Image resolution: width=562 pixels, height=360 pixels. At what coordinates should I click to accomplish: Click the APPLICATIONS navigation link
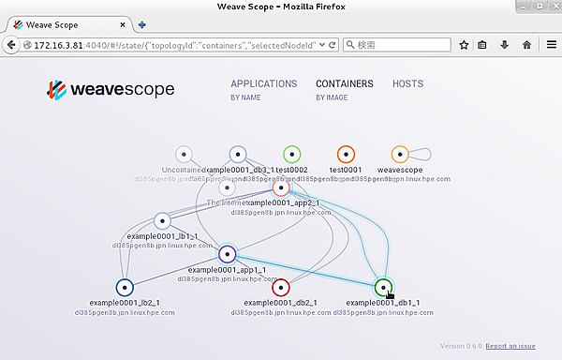[263, 83]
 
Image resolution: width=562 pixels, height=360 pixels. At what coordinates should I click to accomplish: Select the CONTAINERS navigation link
[344, 83]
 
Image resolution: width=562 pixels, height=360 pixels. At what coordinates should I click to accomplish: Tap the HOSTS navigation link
[407, 83]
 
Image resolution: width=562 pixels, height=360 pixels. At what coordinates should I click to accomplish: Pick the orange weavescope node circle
[400, 154]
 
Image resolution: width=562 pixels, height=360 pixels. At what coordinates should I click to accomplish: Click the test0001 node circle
[346, 154]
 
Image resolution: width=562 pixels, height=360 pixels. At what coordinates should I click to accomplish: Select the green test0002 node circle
[291, 154]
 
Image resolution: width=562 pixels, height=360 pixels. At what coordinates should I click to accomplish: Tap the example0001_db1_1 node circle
[382, 287]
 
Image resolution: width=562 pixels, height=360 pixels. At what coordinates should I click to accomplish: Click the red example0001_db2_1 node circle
[280, 287]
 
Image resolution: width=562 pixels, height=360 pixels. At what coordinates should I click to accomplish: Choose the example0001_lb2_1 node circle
[125, 287]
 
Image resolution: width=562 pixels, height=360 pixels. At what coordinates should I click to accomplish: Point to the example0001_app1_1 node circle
[227, 253]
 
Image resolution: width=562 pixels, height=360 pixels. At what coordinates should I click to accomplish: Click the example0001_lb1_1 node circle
[162, 221]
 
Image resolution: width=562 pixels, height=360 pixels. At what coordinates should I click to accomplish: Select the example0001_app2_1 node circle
[281, 187]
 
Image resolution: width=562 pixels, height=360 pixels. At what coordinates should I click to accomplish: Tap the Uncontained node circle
[184, 154]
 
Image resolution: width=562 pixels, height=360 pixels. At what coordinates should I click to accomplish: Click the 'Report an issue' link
[511, 346]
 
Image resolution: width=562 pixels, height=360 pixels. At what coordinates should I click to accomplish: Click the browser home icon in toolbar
[526, 44]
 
